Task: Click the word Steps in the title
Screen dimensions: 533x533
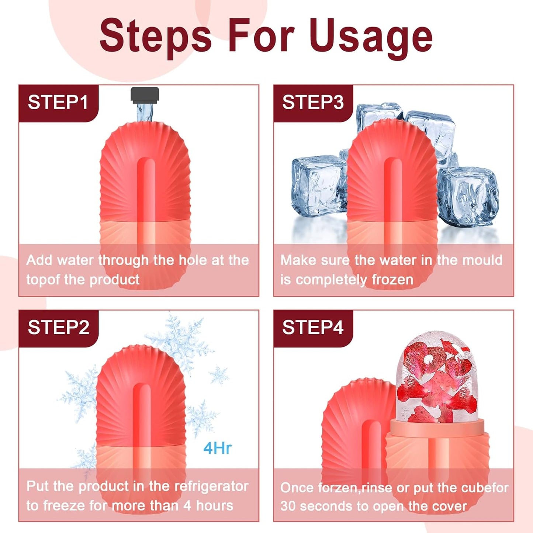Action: coord(155,36)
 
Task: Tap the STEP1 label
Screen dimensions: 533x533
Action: coord(58,102)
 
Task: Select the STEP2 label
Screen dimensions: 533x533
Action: coord(58,327)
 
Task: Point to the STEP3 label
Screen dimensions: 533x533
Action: coord(313,102)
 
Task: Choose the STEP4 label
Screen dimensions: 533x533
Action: coord(313,327)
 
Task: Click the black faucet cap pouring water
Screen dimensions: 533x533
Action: coord(145,94)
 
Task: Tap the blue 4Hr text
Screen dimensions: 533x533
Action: coord(217,448)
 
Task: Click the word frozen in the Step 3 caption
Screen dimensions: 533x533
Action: coord(392,280)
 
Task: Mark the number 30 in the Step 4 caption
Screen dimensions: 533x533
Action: coord(288,506)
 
